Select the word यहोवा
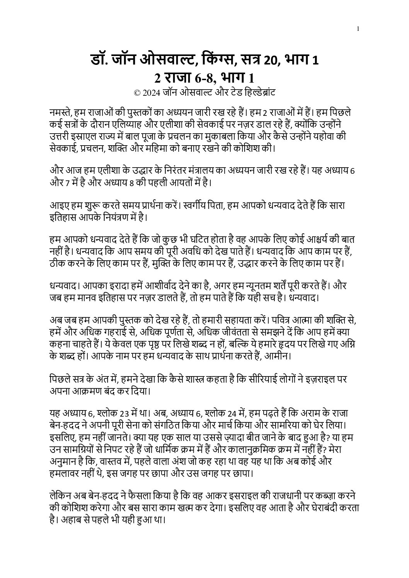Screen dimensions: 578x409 tap(330, 135)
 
